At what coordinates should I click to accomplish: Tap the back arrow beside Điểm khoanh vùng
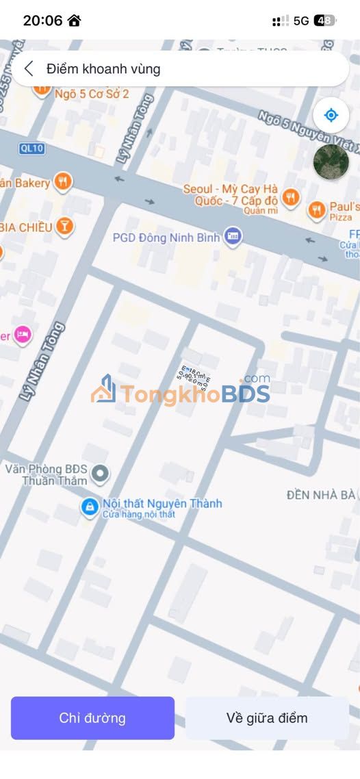point(29,68)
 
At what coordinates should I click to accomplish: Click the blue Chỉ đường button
point(92,718)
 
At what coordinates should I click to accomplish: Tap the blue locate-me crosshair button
point(331,115)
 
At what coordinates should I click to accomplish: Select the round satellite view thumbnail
point(331,162)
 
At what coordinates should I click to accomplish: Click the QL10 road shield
point(27,148)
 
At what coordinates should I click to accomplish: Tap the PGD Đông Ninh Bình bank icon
point(233,238)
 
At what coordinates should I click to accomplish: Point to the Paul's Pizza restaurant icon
point(316,210)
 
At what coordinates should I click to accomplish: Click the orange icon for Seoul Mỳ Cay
point(291,198)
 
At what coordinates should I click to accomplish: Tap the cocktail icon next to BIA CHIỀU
point(64,226)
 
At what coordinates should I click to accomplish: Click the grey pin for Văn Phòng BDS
point(101,472)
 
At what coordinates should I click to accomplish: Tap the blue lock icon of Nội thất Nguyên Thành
point(89,507)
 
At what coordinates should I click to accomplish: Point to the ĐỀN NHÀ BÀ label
point(321,494)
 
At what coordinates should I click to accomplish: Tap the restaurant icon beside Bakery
point(63,181)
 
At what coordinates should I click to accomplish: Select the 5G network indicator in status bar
point(301,21)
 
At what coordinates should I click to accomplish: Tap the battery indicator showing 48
point(324,21)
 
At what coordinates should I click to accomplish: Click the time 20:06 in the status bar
point(42,21)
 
